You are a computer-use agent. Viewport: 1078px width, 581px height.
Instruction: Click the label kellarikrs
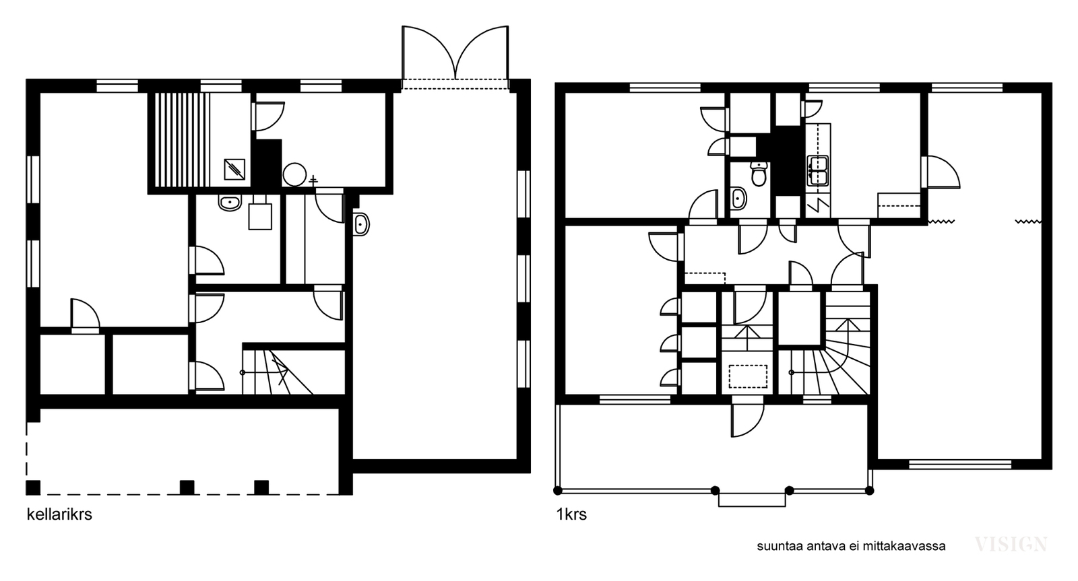[59, 514]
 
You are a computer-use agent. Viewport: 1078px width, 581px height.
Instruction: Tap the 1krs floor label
[571, 514]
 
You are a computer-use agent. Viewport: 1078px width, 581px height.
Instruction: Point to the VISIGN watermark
[1011, 545]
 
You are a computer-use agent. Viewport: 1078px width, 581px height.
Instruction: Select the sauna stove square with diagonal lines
[234, 169]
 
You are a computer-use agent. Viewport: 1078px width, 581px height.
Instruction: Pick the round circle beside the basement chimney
[294, 174]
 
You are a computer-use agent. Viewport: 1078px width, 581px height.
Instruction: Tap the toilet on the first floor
[759, 174]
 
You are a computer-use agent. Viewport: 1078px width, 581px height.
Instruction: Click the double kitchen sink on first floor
[818, 171]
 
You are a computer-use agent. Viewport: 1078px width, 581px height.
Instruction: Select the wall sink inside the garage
[361, 224]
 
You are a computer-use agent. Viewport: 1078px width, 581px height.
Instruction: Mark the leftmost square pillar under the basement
[33, 487]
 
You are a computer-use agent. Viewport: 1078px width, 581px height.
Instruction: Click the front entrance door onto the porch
[747, 419]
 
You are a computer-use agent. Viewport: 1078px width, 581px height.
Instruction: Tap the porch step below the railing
[752, 500]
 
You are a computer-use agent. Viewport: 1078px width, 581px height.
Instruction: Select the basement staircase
[278, 372]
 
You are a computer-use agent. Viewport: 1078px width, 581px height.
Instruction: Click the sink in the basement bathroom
[230, 203]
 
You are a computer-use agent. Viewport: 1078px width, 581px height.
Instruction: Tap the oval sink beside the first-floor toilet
[738, 198]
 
